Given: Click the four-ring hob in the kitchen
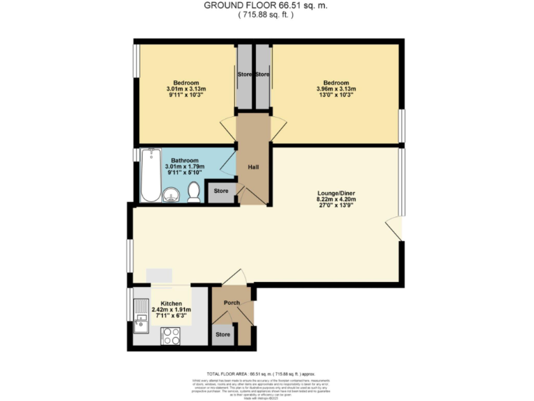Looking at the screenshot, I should click(x=171, y=336).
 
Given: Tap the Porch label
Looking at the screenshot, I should click(x=231, y=302).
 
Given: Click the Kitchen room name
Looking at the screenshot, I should click(x=171, y=304).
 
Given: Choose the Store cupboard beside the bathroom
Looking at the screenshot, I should click(x=221, y=191).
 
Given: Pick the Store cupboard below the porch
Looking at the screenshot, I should click(x=222, y=335).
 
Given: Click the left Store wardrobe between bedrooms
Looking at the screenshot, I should click(x=244, y=74).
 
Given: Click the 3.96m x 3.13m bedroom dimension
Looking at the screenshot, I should click(x=336, y=89).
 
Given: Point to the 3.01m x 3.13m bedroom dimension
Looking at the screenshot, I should click(x=186, y=89).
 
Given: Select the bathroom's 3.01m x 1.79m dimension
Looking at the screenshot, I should click(x=185, y=167).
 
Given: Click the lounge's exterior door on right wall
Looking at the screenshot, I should click(x=394, y=227).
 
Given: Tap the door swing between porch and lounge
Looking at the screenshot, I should click(x=234, y=278).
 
